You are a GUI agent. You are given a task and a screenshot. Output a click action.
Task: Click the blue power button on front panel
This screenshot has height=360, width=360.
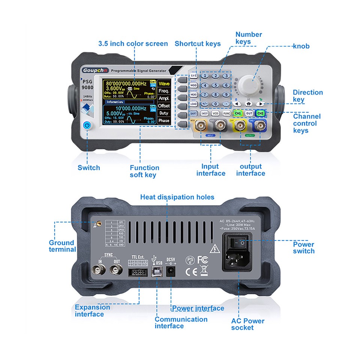[87, 125]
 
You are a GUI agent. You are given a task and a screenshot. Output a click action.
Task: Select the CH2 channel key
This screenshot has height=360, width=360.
[260, 113]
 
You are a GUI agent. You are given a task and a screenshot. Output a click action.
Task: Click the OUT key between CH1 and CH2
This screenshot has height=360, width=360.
[249, 113]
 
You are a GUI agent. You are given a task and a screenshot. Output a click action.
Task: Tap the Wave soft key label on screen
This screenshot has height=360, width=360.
[164, 83]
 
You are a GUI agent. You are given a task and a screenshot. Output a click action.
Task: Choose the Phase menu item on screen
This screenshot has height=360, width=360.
[164, 121]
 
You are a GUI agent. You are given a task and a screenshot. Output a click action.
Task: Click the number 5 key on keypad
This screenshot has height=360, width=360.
[215, 85]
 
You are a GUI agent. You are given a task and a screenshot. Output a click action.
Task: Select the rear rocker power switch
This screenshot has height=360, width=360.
[240, 243]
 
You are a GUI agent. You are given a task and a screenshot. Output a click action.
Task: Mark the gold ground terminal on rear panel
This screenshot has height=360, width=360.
[98, 224]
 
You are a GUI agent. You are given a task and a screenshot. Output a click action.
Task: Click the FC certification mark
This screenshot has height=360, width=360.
[202, 259]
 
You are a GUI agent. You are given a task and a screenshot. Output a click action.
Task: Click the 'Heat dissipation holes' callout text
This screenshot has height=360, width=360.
[177, 197]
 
